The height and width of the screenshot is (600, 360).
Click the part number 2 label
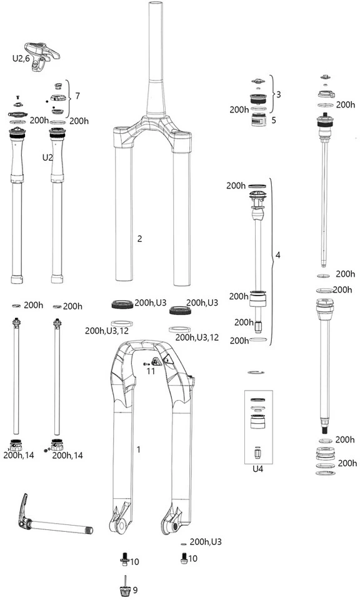click(139, 239)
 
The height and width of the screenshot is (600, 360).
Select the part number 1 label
click(139, 449)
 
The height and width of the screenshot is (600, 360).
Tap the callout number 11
click(151, 371)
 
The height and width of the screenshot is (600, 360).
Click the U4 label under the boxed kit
click(258, 469)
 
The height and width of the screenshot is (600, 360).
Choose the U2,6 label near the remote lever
click(21, 59)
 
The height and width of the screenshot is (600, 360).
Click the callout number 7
click(77, 95)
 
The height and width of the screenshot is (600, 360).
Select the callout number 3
click(279, 94)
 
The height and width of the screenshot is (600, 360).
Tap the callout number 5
click(274, 120)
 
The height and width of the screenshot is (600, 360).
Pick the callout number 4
click(277, 255)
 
